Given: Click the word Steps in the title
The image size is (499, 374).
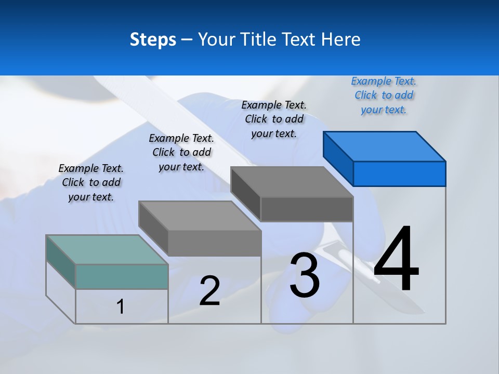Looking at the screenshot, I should tap(153, 40).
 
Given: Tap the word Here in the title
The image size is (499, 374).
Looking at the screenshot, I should tap(341, 39).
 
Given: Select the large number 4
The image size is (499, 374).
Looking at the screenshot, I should tap(396, 260).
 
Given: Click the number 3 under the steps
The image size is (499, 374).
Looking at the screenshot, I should tap(305, 275).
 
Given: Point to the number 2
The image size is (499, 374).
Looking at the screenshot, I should tap(209, 291).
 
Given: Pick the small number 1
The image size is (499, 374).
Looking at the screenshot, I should tap(121, 306).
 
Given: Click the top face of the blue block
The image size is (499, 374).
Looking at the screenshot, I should tap(385, 146).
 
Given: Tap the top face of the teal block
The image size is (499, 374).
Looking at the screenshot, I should tap(107, 249).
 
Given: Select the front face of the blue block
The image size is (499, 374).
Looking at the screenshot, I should tap(399, 173).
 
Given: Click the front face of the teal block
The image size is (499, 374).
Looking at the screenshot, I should tap(122, 276).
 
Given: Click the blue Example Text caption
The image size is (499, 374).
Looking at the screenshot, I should tap(384, 96).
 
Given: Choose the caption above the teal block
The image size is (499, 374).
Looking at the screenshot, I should tap(91, 182).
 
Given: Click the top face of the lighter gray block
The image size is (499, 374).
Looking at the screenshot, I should tap(200, 216).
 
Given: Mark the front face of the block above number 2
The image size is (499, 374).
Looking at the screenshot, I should tap(214, 243).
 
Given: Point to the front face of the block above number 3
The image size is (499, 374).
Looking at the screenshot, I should tap(307, 209).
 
